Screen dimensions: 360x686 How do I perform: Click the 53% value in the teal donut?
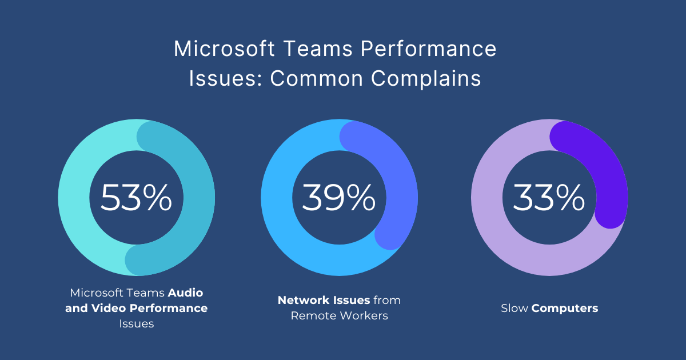136,198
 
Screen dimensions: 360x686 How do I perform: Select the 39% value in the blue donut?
338,198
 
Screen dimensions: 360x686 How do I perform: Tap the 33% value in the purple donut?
549,198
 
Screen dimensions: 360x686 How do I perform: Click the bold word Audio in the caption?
185,293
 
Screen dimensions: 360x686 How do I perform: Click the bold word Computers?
565,309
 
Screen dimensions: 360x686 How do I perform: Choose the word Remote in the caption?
312,315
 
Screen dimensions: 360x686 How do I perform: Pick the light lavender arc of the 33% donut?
503,240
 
